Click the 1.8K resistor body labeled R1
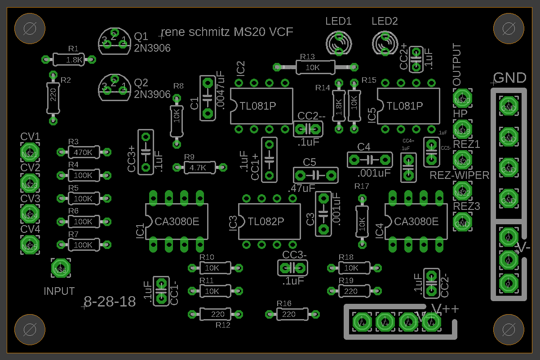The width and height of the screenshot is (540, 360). click(68, 59)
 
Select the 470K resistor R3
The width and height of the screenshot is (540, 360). click(83, 152)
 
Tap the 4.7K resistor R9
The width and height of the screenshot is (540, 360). click(198, 168)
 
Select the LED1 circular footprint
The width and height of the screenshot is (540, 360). click(339, 43)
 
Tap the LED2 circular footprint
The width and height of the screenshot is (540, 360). click(385, 43)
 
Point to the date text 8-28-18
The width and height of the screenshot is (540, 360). click(110, 302)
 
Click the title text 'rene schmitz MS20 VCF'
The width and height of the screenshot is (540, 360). click(227, 32)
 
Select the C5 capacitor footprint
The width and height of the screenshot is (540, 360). click(315, 175)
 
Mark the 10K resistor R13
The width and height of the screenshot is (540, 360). click(314, 67)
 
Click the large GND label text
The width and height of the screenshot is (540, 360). click(510, 78)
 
